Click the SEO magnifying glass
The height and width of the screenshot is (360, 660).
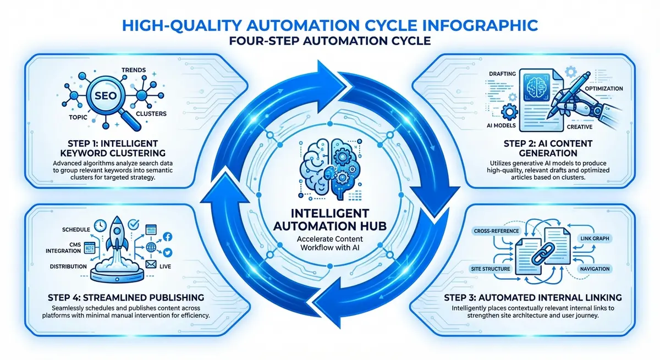(x=102, y=97)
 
